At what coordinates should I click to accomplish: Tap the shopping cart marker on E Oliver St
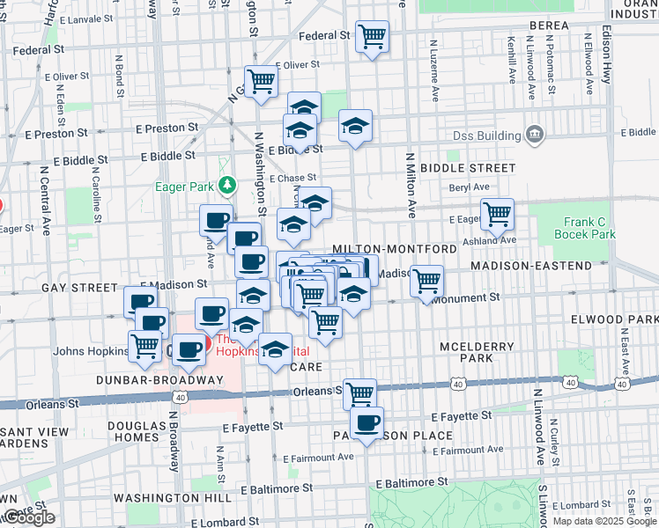click(262, 82)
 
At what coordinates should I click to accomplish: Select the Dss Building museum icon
click(535, 134)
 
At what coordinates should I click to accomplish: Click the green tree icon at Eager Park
click(227, 185)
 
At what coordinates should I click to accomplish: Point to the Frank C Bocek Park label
click(585, 228)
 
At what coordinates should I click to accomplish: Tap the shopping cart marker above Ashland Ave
click(498, 213)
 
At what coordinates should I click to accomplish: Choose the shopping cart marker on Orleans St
click(360, 392)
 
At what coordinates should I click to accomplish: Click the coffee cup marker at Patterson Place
click(367, 422)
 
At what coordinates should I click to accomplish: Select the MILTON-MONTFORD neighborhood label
click(394, 250)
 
